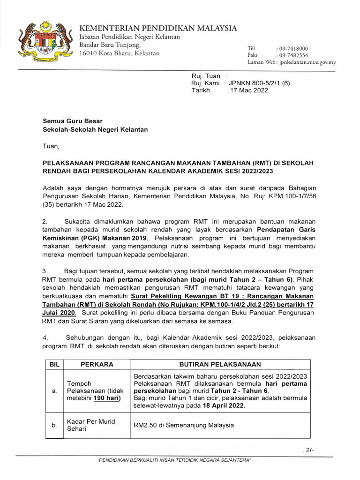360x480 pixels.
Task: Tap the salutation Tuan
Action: [x=51, y=146]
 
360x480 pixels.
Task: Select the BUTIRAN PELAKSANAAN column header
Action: [x=220, y=364]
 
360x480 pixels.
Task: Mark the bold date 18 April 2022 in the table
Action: [x=221, y=405]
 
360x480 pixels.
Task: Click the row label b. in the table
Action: [x=53, y=425]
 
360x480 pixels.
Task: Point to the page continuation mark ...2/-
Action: [x=307, y=450]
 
